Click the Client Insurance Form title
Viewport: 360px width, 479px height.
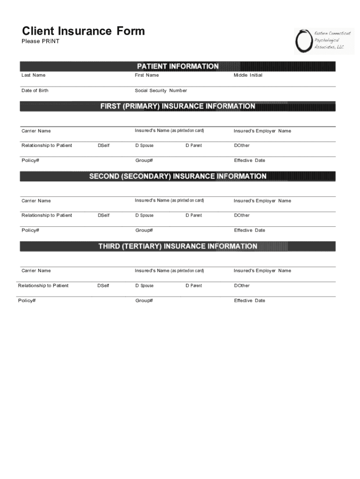pos(83,31)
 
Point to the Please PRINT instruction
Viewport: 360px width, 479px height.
pos(41,42)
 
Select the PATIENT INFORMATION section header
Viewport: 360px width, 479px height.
pos(178,66)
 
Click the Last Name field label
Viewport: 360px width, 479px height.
pos(34,75)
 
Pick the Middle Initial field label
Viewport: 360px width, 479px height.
pos(248,75)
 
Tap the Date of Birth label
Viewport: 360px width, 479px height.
pos(35,91)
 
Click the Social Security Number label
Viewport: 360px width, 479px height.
pos(161,91)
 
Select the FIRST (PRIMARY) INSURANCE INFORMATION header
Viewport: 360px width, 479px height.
pos(178,106)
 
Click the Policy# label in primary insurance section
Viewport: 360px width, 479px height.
pos(30,160)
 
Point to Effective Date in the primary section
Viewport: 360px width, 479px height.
pos(250,160)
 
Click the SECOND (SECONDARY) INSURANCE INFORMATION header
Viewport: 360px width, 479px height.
pos(178,176)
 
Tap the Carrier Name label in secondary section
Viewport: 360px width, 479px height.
pos(36,201)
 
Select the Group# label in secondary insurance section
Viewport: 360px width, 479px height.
pos(144,230)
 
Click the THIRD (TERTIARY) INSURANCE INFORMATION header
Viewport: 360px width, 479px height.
pos(178,246)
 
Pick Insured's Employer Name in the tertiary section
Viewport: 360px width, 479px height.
pos(262,271)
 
